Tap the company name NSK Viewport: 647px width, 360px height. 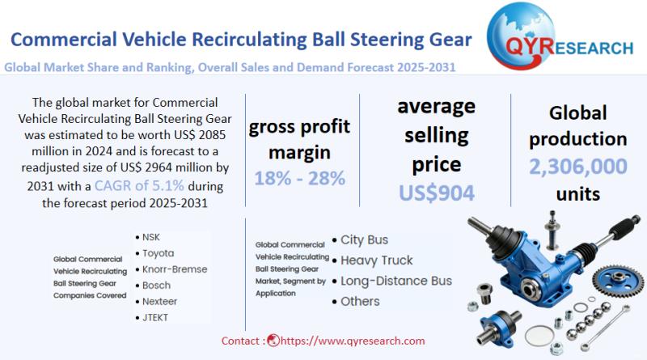tap(151, 237)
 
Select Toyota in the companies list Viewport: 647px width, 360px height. tap(158, 253)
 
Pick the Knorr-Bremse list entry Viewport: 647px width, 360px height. tap(175, 269)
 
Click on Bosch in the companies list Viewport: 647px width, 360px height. tap(156, 285)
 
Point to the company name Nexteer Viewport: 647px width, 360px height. tap(161, 301)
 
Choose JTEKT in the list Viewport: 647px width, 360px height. tap(156, 316)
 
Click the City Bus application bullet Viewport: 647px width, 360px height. tap(364, 239)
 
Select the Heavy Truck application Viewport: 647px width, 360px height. tap(376, 260)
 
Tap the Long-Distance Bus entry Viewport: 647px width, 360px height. tap(395, 281)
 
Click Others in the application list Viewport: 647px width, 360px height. tap(360, 301)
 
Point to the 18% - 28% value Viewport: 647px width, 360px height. tap(298, 178)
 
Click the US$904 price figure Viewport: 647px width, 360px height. tap(438, 192)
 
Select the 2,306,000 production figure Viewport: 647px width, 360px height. tap(577, 167)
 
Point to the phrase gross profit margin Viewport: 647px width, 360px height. tap(298, 139)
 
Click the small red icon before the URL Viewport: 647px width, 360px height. tap(273, 341)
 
